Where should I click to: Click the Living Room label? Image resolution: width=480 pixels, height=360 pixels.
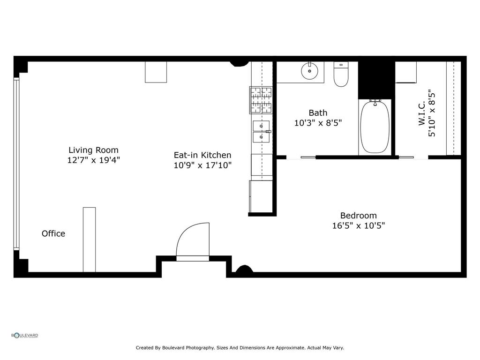93,150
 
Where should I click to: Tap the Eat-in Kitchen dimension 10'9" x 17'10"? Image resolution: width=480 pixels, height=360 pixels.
202,165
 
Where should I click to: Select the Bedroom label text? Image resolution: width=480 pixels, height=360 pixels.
358,216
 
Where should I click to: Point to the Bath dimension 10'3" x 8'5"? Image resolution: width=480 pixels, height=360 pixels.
318,123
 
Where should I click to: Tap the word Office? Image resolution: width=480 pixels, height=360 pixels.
53,233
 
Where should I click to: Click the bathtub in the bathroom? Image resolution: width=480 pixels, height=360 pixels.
374,127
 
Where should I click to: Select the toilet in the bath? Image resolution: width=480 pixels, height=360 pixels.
341,75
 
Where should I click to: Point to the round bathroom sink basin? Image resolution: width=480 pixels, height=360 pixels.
309,71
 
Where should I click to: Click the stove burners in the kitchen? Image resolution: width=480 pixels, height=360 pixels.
261,100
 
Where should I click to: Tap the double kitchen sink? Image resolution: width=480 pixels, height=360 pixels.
261,131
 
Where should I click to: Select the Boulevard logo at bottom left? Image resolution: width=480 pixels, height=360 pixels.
25,335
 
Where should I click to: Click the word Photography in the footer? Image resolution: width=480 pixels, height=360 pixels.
200,348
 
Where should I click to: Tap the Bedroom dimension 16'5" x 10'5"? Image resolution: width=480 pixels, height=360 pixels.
358,225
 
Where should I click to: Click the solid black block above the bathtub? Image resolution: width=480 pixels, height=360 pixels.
376,79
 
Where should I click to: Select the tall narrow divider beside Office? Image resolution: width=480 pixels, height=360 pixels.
89,239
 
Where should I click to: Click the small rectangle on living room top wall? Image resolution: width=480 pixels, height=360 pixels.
156,72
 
